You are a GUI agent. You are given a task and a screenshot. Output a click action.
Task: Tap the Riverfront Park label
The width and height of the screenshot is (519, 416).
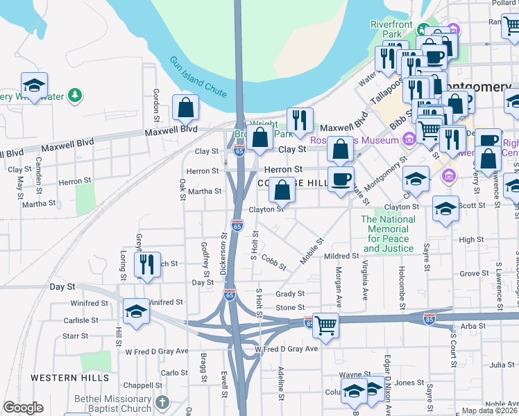coord(392,29)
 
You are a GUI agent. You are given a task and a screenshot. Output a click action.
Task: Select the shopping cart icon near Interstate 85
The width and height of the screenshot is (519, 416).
coord(325,324)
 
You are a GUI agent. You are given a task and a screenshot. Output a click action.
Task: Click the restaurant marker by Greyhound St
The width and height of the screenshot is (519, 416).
coord(146,265)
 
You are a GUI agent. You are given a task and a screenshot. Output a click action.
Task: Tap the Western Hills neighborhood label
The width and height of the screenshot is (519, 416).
coord(69,378)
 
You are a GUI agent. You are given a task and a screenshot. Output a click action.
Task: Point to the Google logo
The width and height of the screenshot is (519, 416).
coord(23,408)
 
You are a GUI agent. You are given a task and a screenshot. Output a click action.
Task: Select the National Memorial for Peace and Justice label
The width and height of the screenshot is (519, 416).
coord(389,234)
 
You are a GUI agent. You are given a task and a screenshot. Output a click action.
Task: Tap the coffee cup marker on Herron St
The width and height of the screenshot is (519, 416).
coord(340,180)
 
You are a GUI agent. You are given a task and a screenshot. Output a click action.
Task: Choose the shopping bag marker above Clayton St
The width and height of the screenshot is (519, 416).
coord(282,190)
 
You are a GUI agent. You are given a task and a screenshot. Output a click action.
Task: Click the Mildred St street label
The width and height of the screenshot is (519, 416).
coord(340,257)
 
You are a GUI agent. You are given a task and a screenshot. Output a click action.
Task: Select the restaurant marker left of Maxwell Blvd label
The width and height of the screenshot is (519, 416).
coord(300,121)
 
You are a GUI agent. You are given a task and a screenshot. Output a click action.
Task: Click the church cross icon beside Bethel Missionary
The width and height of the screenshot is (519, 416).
coord(162,402)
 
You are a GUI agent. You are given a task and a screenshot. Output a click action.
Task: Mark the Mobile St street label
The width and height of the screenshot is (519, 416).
coord(312,250)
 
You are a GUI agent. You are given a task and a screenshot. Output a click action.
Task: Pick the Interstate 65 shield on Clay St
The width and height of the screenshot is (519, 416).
coord(239,151)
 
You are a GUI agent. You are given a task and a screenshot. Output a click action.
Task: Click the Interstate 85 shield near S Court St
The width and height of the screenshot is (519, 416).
coord(429,319)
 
